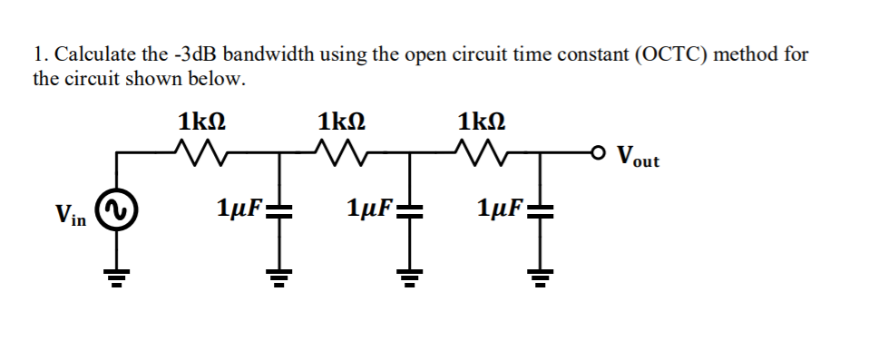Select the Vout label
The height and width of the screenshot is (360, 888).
click(638, 156)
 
